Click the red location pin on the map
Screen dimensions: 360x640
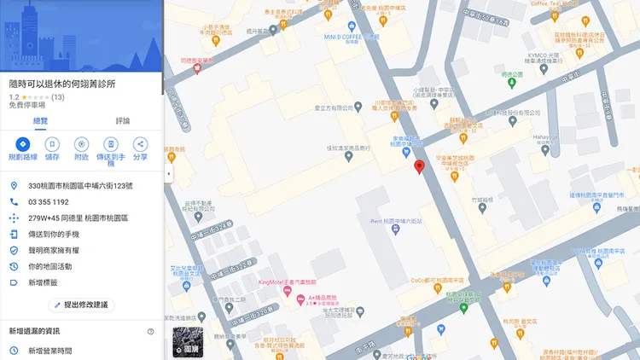point(419,166)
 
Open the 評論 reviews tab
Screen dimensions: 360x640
point(122,120)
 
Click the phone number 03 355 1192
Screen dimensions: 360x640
point(49,202)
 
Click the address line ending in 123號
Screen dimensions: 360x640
point(80,186)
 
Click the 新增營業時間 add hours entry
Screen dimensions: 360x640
point(49,351)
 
